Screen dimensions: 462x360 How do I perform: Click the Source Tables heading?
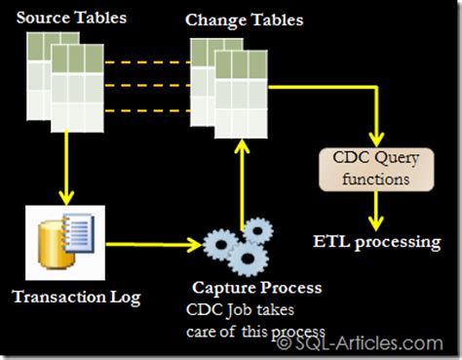(x=71, y=18)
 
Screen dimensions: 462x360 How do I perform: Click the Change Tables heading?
(x=245, y=20)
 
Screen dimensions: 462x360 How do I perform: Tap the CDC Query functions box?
(x=376, y=170)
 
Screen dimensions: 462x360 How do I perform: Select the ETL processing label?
(x=377, y=243)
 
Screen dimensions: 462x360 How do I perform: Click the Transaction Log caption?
(x=76, y=298)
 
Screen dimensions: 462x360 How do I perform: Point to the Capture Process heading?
(x=257, y=288)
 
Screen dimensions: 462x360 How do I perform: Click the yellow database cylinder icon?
(x=55, y=245)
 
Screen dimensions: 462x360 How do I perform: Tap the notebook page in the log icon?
(x=78, y=232)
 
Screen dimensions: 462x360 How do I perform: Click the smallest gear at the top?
(x=258, y=230)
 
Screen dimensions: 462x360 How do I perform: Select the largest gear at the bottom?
(x=248, y=260)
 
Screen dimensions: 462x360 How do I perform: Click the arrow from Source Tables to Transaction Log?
(x=66, y=168)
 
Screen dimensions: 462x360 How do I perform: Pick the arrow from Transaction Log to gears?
(x=154, y=244)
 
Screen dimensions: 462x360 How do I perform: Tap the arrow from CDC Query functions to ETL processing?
(x=376, y=211)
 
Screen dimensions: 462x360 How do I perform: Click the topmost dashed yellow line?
(x=147, y=62)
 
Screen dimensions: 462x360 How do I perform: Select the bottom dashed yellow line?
(x=147, y=111)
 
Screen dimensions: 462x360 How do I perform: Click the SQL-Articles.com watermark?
(x=361, y=343)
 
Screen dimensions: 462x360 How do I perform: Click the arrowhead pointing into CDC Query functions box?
(x=376, y=140)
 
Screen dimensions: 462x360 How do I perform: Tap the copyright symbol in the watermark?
(x=285, y=343)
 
